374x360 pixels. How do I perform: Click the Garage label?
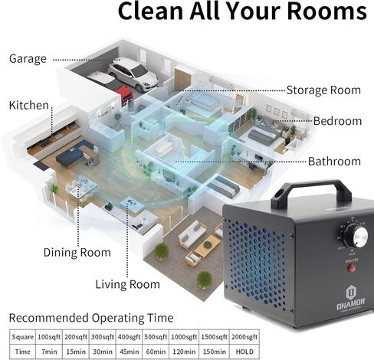pos(28,59)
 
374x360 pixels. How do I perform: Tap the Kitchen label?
pos(29,105)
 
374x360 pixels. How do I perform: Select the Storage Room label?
pos(323,90)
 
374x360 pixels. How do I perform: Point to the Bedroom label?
pos(337,121)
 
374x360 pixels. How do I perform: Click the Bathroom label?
pos(334,162)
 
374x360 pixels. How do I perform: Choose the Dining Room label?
pos(77,253)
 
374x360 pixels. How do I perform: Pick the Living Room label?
pos(128,284)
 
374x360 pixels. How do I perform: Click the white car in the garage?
pos(133,74)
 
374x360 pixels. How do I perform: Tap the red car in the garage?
pos(124,94)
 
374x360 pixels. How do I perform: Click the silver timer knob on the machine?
pos(356,236)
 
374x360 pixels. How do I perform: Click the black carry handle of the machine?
pos(311,192)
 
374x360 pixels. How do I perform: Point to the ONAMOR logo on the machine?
pos(351,299)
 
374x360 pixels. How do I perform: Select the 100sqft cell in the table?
pos(49,337)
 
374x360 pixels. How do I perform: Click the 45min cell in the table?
pos(129,352)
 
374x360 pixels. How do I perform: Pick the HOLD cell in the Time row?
pos(244,352)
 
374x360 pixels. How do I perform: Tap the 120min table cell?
pos(184,352)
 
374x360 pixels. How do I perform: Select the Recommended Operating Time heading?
pos(91,318)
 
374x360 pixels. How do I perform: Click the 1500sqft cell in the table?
pos(215,337)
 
